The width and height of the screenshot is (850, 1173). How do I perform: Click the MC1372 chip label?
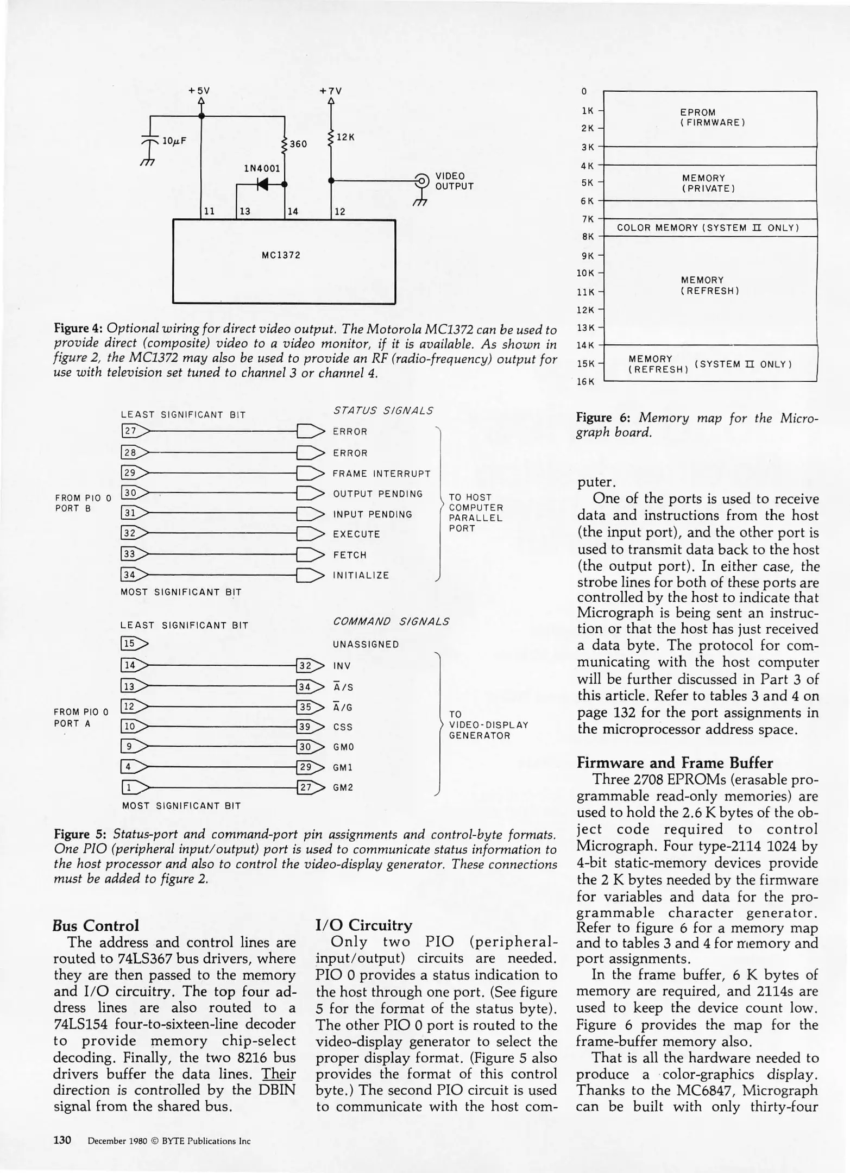[x=281, y=255]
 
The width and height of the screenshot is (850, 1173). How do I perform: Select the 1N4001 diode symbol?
[x=262, y=185]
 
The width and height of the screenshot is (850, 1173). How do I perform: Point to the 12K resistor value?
[x=345, y=137]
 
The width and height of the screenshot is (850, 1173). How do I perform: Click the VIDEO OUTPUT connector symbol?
[x=421, y=180]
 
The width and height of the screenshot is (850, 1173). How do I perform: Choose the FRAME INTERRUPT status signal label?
[x=381, y=474]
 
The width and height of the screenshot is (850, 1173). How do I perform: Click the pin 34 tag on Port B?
[x=130, y=575]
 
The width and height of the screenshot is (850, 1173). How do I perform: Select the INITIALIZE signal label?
[x=361, y=575]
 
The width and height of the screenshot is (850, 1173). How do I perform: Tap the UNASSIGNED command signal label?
[x=366, y=645]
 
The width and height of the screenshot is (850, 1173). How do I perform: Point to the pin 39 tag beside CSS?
[x=306, y=727]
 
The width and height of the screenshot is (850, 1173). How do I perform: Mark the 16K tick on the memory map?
[x=585, y=381]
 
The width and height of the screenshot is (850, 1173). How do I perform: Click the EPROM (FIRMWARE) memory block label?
[x=711, y=118]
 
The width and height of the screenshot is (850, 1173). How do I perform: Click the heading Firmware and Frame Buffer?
[x=675, y=763]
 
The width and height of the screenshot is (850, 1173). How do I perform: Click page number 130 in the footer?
[x=62, y=1140]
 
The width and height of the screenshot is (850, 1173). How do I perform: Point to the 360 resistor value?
[x=298, y=144]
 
